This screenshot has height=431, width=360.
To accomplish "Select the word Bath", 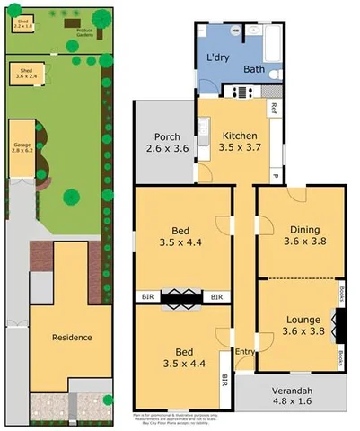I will tap(253, 68).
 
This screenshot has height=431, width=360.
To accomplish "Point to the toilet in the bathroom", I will tap(275, 74).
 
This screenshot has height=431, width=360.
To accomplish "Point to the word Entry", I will tap(244, 352).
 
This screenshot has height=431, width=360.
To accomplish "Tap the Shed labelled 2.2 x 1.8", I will tap(22, 22).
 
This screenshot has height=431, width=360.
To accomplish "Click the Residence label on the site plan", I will tap(72, 338).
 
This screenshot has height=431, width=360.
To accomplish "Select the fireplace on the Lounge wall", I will tap(339, 325).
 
